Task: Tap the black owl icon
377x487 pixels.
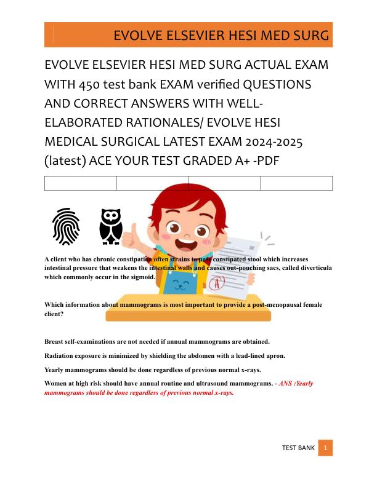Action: point(111,226)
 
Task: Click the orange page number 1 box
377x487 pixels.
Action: point(325,448)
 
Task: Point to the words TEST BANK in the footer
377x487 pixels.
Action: point(298,448)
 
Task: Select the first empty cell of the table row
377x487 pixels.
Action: point(80,183)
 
